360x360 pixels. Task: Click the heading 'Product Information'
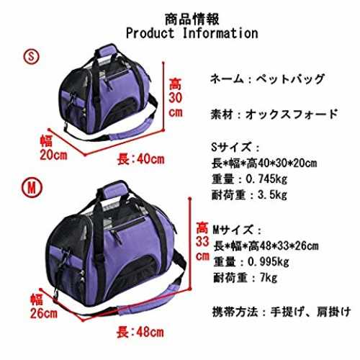192,33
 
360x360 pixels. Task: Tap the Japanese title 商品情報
192,19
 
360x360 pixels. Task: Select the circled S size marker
31,56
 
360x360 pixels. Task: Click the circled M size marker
32,188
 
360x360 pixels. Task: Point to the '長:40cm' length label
141,159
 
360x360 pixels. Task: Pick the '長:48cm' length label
140,333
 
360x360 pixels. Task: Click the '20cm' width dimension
53,155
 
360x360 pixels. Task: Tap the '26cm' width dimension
44,313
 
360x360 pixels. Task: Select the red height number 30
176,98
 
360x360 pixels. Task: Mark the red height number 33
202,241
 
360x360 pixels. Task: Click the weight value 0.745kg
266,179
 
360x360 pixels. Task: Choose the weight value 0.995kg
269,262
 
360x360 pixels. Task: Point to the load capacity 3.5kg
272,195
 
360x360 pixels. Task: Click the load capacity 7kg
269,278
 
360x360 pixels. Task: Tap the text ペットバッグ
290,79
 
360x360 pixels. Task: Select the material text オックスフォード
292,114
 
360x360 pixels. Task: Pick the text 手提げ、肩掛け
310,312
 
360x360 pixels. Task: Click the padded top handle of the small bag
107,51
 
